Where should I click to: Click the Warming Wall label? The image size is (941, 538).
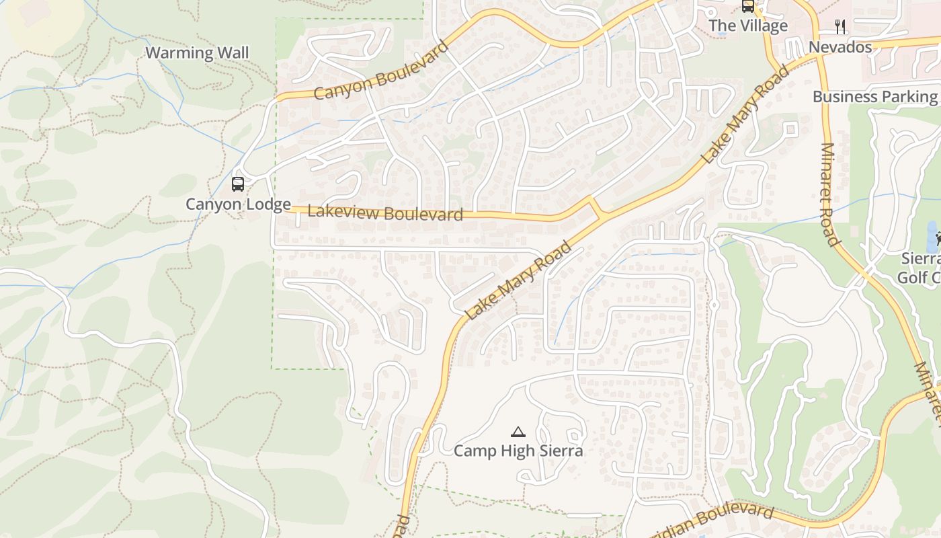[x=197, y=53]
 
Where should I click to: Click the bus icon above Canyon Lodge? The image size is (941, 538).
[x=237, y=184]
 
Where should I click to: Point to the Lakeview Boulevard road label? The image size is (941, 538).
[x=385, y=213]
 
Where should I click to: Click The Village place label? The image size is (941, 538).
[x=748, y=26]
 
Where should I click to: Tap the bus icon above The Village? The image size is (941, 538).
[x=747, y=6]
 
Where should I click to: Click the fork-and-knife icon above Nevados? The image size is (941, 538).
[x=840, y=27]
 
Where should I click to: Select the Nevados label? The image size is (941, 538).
[x=840, y=47]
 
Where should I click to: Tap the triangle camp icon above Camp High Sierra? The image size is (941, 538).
[x=518, y=432]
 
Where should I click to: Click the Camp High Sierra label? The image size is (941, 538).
[x=518, y=451]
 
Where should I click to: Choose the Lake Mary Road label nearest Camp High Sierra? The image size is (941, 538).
[x=519, y=281]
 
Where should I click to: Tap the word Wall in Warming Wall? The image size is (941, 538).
[x=227, y=53]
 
